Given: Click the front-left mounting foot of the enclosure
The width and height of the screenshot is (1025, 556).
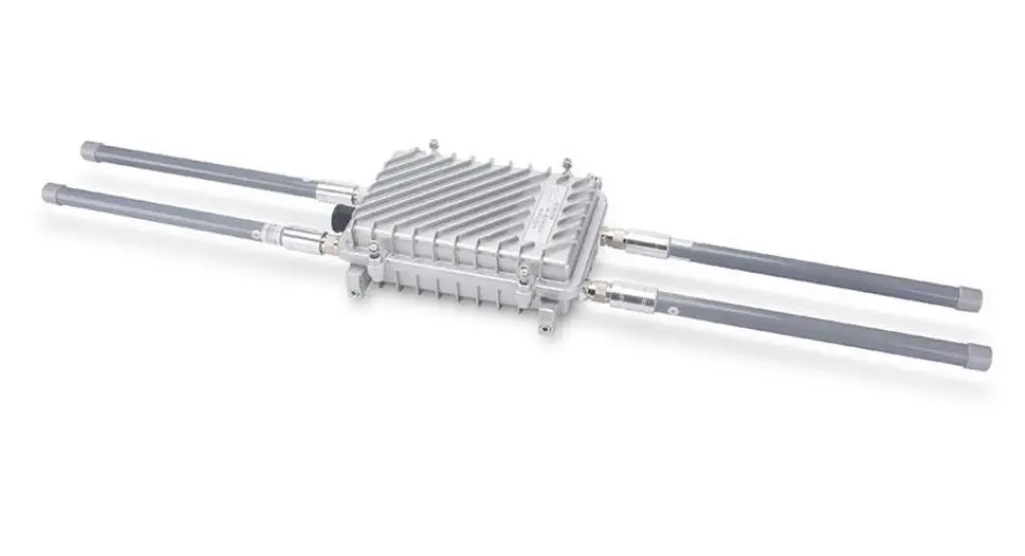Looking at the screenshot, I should click(359, 281).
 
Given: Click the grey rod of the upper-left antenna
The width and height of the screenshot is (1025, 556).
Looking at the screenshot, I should click(205, 171).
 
